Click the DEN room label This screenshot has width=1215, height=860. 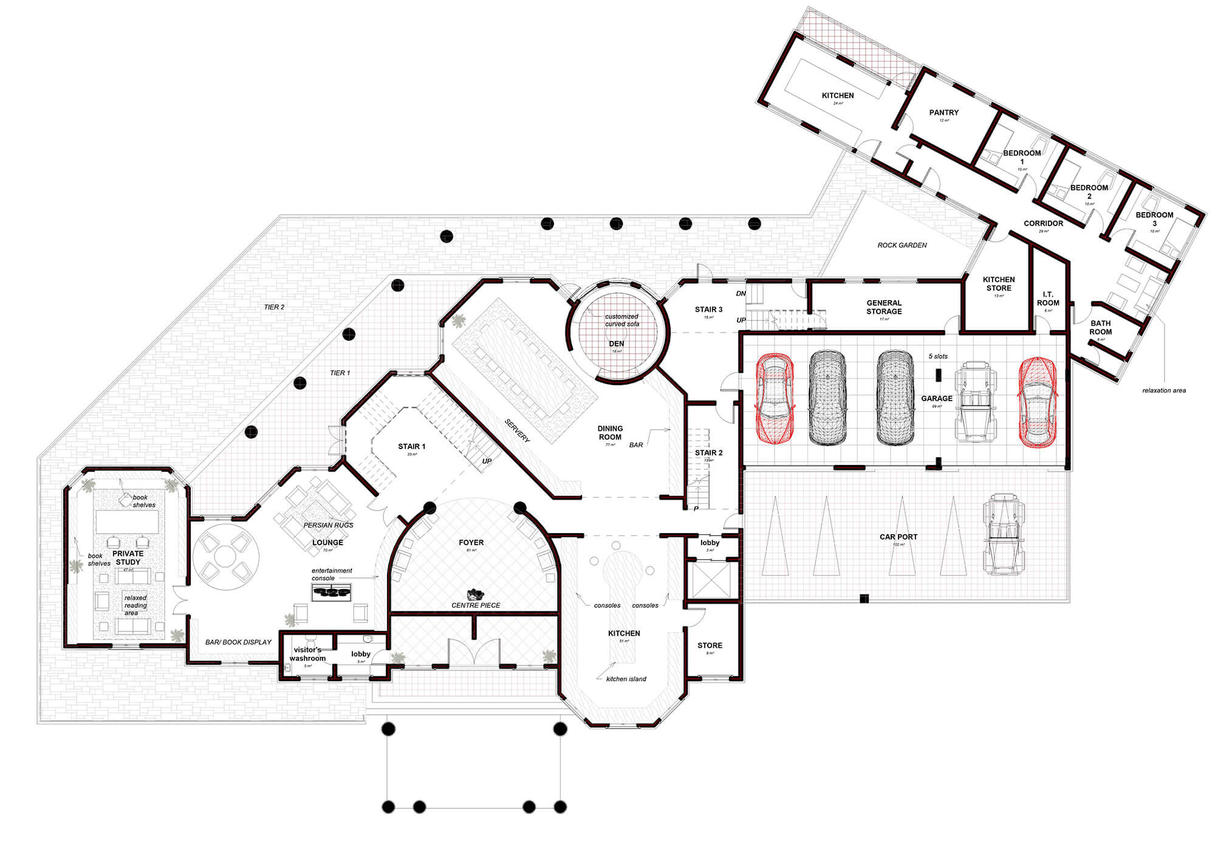617,344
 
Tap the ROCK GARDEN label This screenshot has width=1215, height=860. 902,246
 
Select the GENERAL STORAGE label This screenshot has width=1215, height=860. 884,307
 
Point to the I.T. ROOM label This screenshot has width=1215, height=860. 1048,298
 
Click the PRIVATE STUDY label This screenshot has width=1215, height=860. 128,557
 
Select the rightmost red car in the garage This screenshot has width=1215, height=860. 1037,402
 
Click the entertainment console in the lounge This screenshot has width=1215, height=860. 331,592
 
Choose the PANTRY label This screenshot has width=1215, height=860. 943,112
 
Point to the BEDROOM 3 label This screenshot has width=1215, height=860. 1154,219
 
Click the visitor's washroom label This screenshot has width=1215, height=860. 307,654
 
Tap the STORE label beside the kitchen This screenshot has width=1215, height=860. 710,645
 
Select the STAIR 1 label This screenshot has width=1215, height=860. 411,447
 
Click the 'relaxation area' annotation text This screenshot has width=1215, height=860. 1164,391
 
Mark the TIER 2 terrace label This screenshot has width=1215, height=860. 274,308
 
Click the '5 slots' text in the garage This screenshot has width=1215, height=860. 938,357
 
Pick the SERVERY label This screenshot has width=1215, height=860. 518,430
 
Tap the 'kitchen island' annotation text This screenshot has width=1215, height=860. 626,679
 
